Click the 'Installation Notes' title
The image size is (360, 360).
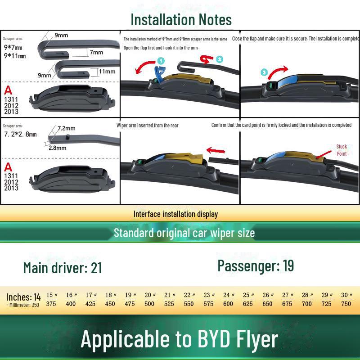pos(181,20)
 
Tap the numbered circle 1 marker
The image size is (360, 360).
pos(161,60)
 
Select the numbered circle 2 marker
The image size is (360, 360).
pos(219,59)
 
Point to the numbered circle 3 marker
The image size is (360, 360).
pos(264,72)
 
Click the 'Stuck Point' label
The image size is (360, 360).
pos(342,150)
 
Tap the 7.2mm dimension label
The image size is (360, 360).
pos(66,128)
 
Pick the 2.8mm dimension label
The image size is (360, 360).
pos(58,148)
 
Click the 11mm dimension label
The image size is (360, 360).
pos(107,71)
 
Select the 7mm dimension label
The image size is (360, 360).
pos(96,52)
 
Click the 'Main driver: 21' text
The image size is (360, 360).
pos(63,268)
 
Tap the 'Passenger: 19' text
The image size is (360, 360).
pos(256,265)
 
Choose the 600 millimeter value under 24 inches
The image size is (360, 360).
pos(228,304)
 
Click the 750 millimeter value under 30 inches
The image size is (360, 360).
pos(346,304)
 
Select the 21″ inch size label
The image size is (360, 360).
pos(170,295)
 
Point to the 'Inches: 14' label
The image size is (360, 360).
pos(23,297)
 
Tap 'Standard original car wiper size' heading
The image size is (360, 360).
pos(184,233)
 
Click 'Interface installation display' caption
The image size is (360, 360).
pos(175,214)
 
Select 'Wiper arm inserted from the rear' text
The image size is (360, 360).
pos(147,125)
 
